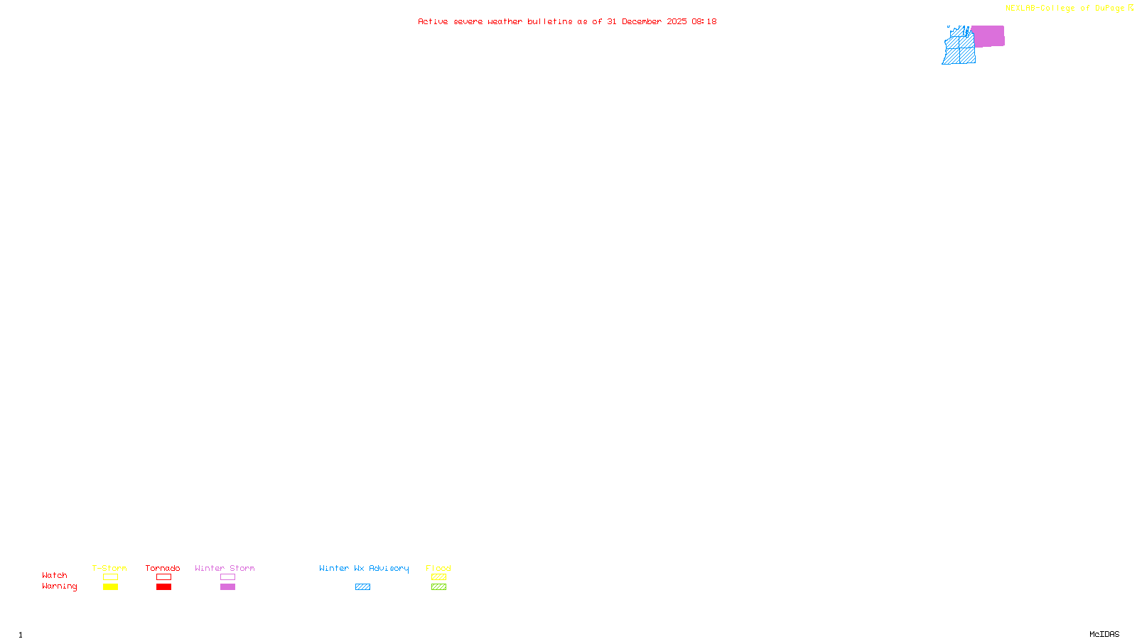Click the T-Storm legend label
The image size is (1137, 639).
(109, 568)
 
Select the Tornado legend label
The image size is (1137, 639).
(163, 568)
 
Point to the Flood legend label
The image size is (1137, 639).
(438, 568)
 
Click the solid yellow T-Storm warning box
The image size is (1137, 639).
(110, 587)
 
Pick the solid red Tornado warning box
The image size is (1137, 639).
(163, 587)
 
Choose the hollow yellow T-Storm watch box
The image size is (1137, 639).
(110, 577)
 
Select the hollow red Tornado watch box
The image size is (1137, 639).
(163, 577)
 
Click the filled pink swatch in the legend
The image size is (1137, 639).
(227, 587)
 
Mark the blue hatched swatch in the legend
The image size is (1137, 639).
(362, 587)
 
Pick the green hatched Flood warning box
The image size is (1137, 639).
(438, 587)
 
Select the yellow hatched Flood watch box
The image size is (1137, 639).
(438, 577)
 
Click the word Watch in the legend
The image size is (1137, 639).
(55, 575)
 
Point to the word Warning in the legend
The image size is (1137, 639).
(59, 586)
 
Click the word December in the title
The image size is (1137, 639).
(642, 21)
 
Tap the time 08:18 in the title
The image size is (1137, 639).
(704, 21)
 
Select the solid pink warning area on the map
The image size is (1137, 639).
(988, 36)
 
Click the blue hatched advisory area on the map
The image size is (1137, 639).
(959, 50)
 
